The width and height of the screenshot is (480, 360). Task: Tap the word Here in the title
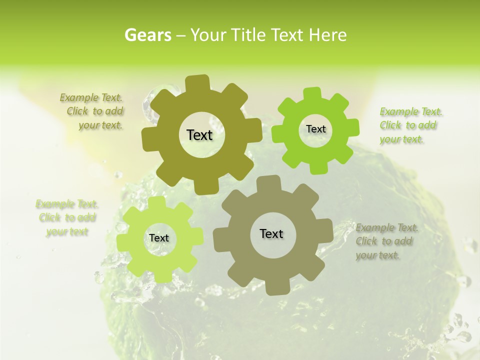click(327, 35)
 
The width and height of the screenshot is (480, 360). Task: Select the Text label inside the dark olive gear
click(199, 135)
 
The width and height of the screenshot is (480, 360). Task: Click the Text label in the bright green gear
click(315, 129)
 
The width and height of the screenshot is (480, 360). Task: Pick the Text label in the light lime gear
click(159, 238)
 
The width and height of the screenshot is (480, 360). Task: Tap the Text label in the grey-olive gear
click(271, 233)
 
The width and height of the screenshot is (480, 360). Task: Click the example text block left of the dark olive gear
click(93, 111)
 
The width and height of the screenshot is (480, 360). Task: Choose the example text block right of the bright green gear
click(410, 125)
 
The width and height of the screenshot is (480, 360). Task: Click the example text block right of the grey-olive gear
click(386, 241)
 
